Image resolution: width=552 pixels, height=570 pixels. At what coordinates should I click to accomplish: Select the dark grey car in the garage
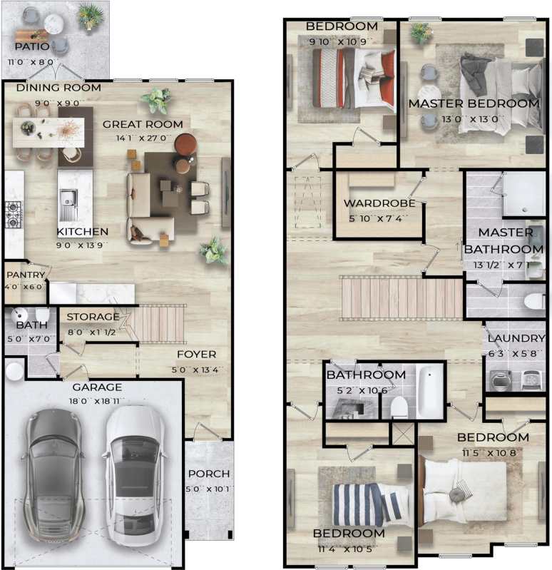(53, 474)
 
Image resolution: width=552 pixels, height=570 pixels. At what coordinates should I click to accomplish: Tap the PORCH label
(208, 474)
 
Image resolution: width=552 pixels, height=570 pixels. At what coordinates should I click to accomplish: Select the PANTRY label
(25, 275)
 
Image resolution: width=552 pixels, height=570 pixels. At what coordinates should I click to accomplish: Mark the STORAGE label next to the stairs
(93, 316)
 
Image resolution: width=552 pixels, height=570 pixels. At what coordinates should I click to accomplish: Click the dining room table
(48, 131)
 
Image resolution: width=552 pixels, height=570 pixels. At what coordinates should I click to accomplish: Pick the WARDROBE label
(379, 203)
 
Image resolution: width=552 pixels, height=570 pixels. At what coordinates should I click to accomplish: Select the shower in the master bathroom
(523, 194)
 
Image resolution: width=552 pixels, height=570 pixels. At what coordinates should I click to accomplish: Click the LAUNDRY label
(515, 339)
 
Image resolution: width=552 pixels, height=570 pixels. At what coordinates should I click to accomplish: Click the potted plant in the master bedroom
(420, 32)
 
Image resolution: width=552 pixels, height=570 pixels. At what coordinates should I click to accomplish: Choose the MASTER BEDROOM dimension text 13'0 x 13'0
(474, 119)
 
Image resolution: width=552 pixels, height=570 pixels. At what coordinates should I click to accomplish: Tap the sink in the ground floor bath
(18, 315)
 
